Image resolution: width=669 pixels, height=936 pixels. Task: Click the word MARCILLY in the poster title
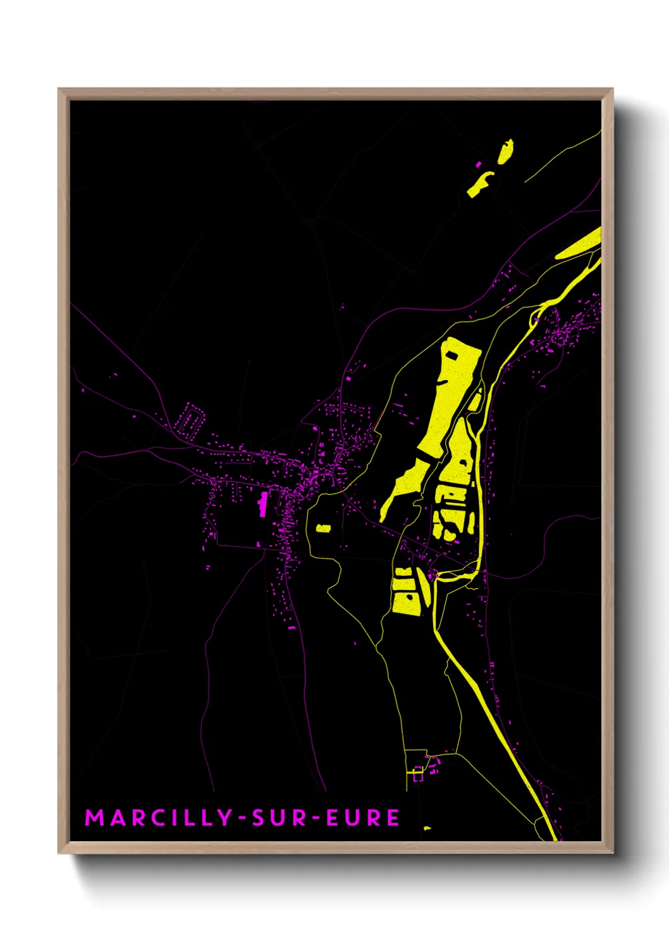pyautogui.click(x=159, y=818)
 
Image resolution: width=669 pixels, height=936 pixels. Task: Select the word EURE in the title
pyautogui.click(x=363, y=818)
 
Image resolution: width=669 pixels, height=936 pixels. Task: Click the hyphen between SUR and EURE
pyautogui.click(x=317, y=818)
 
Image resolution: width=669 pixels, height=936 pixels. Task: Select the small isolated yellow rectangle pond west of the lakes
pyautogui.click(x=323, y=527)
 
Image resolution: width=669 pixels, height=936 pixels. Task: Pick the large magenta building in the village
pyautogui.click(x=262, y=503)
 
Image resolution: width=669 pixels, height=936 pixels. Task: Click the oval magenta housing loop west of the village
pyautogui.click(x=191, y=420)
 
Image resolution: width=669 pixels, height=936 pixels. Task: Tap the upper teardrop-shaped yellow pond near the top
pyautogui.click(x=505, y=152)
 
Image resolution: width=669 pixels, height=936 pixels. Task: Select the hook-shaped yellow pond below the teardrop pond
pyautogui.click(x=480, y=183)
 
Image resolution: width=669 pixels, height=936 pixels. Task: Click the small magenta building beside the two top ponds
pyautogui.click(x=479, y=165)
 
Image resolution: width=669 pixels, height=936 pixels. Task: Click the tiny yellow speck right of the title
pyautogui.click(x=427, y=828)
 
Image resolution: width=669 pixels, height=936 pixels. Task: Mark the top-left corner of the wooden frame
pyautogui.click(x=59, y=89)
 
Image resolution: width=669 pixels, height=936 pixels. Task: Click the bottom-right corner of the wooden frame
pyautogui.click(x=612, y=853)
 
